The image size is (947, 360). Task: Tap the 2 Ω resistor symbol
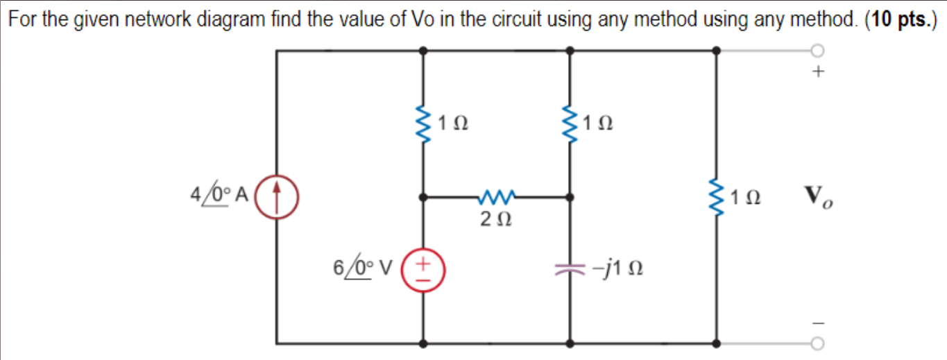(x=496, y=197)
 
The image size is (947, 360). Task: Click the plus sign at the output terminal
(x=819, y=71)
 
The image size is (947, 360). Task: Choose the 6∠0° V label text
(x=361, y=267)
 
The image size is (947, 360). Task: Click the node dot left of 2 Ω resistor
(x=423, y=197)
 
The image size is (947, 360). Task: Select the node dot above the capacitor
(x=570, y=197)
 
